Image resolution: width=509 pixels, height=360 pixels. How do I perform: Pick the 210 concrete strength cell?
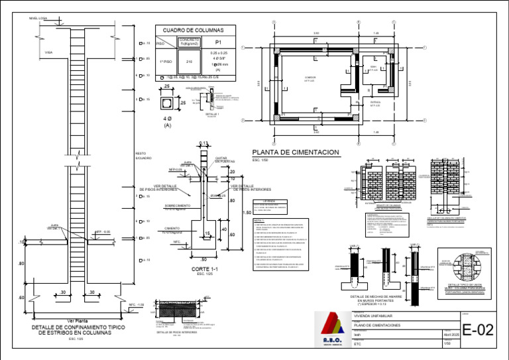[189, 61]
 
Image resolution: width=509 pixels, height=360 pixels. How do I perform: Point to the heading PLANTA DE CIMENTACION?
[295, 152]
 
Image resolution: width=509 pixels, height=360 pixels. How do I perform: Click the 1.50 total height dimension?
[247, 213]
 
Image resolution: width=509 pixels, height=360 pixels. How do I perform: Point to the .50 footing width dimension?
[203, 259]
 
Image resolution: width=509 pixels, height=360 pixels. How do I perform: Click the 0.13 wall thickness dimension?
[203, 143]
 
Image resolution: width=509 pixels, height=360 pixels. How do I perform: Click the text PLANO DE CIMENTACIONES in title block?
[378, 326]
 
